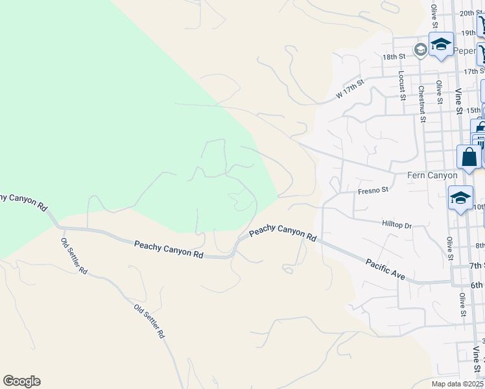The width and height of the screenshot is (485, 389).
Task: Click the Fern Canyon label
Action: tap(432, 176)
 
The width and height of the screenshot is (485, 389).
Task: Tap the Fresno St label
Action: tap(373, 191)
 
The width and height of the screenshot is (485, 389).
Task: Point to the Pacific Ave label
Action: tap(385, 269)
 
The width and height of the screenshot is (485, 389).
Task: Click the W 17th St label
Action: tap(350, 89)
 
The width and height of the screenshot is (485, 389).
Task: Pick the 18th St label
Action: tap(394, 57)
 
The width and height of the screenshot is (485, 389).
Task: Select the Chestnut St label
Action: tap(421, 104)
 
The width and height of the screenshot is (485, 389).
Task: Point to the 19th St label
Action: tap(469, 32)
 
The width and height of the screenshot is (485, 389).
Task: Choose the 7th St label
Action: tap(477, 266)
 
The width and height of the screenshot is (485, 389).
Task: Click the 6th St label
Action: tap(477, 285)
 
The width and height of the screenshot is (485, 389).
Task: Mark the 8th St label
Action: tap(480, 245)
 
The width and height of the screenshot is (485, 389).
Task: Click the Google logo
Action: tap(21, 381)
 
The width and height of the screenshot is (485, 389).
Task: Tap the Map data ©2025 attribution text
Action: tap(457, 384)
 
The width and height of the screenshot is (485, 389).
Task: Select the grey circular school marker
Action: tap(421, 49)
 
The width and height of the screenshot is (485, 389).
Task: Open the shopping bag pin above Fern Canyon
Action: tap(468, 158)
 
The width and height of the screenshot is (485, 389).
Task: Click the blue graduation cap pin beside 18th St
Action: tap(441, 45)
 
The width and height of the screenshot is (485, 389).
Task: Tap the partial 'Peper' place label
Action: tap(469, 49)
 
